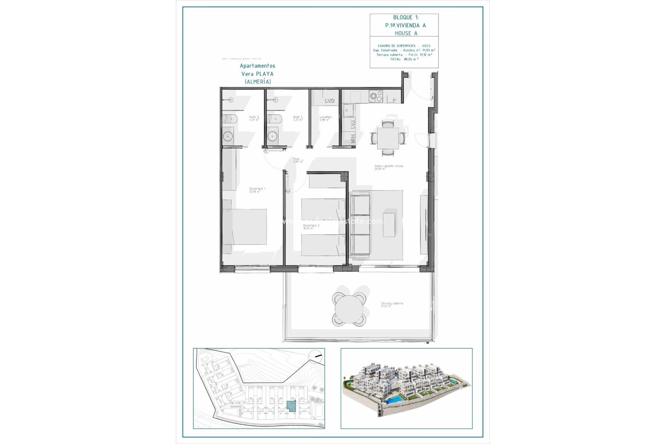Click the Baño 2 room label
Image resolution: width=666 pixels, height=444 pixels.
[254, 118]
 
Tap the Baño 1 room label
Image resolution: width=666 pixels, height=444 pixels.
[298, 118]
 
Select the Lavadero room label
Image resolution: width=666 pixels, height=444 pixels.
[325, 118]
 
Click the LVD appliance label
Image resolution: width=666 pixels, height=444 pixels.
[330, 101]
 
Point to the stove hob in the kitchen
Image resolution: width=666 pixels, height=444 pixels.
[375, 96]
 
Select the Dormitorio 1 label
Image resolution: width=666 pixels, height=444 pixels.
[257, 190]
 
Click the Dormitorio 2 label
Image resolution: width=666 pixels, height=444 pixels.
[311, 227]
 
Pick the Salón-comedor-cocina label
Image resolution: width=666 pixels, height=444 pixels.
[388, 167]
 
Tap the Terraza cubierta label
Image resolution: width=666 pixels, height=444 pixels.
[392, 305]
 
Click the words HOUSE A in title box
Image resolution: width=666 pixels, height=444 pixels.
[406, 33]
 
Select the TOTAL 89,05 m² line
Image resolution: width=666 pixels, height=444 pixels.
[404, 59]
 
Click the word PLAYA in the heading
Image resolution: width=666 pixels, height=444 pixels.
[265, 74]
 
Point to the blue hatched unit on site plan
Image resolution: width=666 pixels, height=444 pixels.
[291, 406]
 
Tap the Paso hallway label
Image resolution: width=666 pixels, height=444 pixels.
[298, 160]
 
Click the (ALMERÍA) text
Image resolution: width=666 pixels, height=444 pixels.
[258, 82]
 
